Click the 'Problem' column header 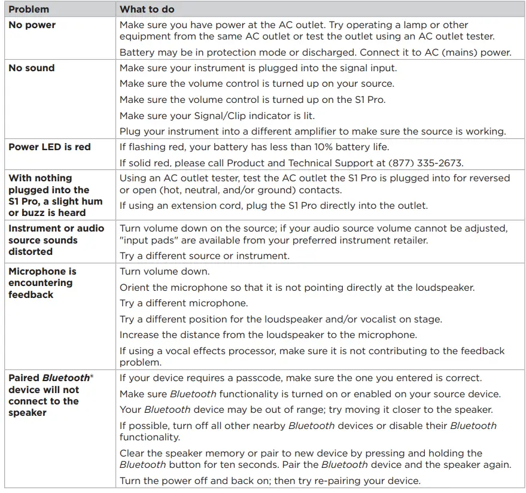coord(29,10)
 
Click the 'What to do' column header coord(147,10)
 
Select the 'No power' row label coord(32,25)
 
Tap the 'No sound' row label coord(31,68)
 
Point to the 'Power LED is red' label coord(50,147)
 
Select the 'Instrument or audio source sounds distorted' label coord(56,240)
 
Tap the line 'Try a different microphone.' coord(184,303)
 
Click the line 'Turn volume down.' coord(164,272)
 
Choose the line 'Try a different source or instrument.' coord(205,256)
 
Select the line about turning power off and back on coord(270,480)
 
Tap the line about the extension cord coord(273,206)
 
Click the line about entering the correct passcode coord(300,378)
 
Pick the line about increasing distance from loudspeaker coord(268,334)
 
